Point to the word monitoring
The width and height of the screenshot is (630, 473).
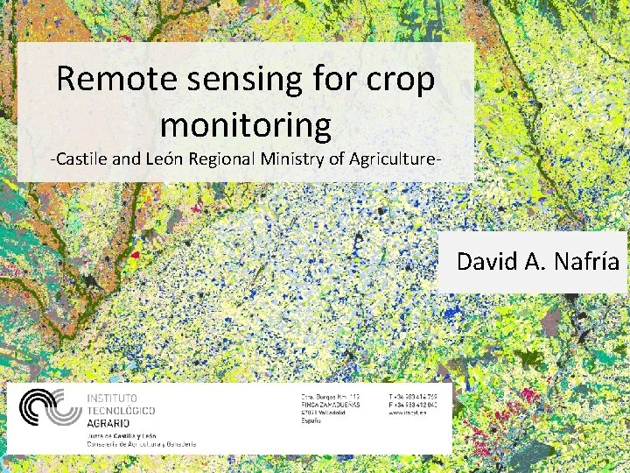[x=246, y=125]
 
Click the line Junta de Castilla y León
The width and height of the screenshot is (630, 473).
[x=122, y=434]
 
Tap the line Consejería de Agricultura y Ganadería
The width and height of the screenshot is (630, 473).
[x=141, y=443]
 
